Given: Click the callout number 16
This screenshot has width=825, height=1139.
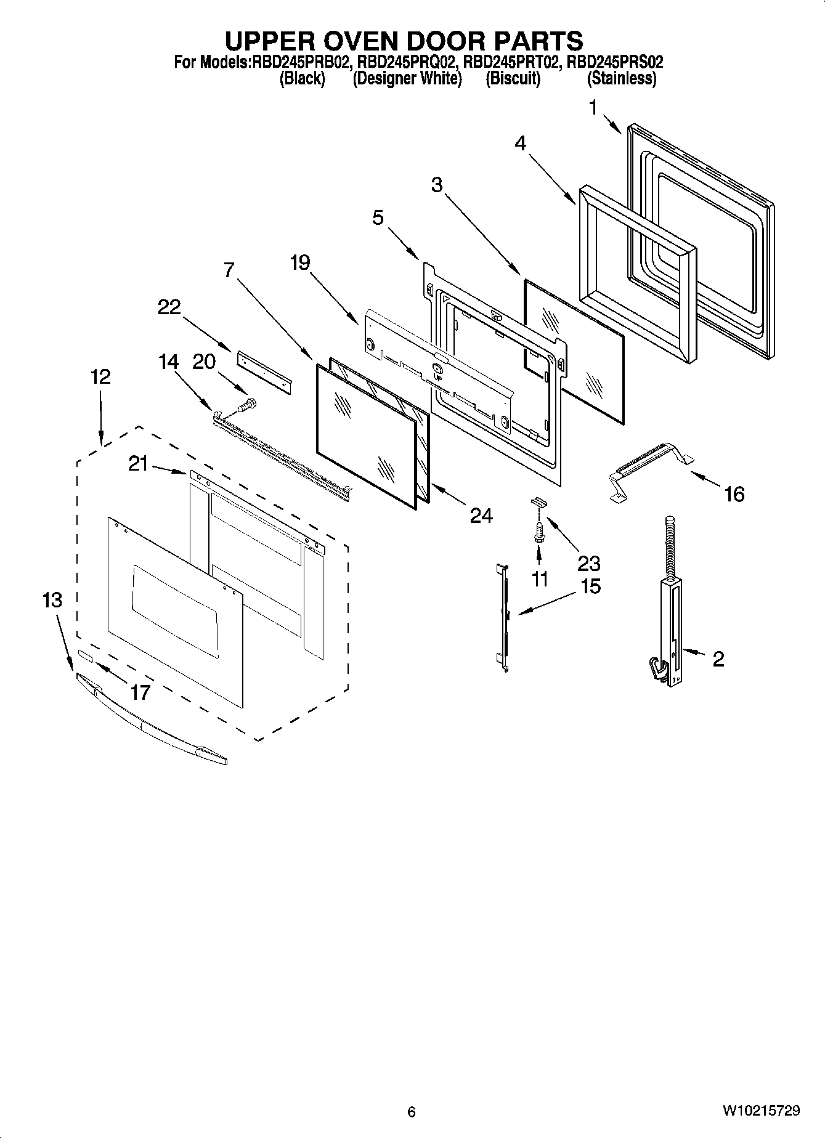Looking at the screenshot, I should [734, 493].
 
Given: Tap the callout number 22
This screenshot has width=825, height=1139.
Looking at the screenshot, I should [169, 307].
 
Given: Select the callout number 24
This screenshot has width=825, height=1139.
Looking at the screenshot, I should [481, 516].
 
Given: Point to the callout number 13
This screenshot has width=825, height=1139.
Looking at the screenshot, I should [52, 599].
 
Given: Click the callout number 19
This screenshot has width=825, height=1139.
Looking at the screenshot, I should [300, 263].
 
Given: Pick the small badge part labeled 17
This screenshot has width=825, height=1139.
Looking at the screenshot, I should [85, 657].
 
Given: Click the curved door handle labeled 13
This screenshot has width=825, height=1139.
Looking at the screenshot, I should [151, 721].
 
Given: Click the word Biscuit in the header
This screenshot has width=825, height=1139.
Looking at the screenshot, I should [513, 79].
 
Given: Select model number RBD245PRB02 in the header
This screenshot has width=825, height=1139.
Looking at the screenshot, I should [301, 62].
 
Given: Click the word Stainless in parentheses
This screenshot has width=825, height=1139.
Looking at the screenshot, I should [621, 79].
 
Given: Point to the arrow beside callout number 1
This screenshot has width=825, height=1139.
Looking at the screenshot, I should [611, 124].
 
